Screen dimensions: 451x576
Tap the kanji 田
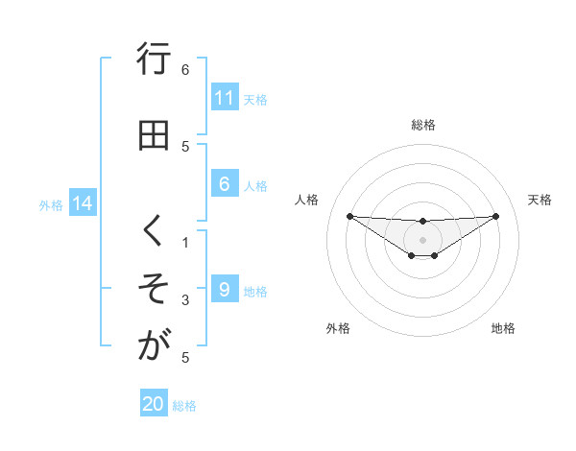(x=153, y=135)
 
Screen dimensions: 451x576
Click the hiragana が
(x=153, y=346)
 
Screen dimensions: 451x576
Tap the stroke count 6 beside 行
(x=185, y=69)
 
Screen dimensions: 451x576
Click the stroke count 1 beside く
(x=185, y=243)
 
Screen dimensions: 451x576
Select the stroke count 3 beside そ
(x=185, y=300)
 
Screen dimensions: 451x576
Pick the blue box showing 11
(x=224, y=98)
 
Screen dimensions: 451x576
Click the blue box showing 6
(x=224, y=184)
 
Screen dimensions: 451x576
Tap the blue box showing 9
(x=224, y=290)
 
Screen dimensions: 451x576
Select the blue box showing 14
(x=83, y=203)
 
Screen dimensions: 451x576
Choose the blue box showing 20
(x=154, y=405)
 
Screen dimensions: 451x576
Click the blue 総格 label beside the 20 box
(x=185, y=406)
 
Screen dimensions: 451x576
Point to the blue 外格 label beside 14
(x=51, y=204)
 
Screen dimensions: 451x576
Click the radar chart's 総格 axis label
(x=423, y=125)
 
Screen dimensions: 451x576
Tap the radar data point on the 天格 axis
(x=496, y=216)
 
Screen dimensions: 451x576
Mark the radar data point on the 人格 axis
(x=349, y=216)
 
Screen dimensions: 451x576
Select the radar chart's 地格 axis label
(x=503, y=328)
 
